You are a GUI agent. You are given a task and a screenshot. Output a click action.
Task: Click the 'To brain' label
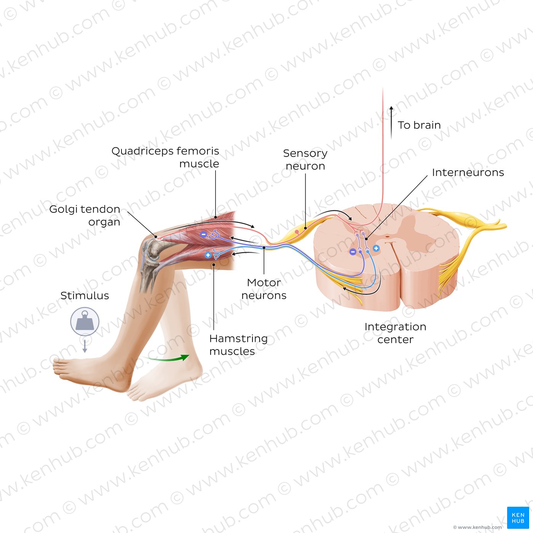coord(419,125)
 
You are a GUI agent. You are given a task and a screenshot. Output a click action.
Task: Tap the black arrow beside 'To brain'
coord(391,122)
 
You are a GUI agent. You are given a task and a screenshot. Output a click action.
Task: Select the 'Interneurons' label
coord(468,172)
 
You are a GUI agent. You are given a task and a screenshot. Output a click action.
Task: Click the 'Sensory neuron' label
coord(305,160)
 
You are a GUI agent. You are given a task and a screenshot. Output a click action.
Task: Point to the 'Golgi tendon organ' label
coord(85,215)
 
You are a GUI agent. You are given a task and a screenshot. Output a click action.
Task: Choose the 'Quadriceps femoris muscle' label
coord(165,157)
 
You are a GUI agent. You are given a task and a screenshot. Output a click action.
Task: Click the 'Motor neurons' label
coord(263,289)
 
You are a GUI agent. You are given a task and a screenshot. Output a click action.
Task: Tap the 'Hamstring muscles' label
coord(238,345)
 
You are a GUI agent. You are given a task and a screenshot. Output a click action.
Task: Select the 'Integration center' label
coord(395,333)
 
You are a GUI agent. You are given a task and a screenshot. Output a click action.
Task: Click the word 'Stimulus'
coord(85,295)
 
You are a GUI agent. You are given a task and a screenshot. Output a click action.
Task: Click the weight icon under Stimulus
coord(85,321)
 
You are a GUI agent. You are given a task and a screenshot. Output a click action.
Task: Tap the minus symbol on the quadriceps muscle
coord(203,234)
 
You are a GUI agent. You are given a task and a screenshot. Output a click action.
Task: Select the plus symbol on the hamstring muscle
coord(208,255)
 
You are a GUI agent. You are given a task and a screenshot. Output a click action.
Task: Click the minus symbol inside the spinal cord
coord(353,252)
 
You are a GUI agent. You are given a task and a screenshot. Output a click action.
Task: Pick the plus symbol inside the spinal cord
coord(376,248)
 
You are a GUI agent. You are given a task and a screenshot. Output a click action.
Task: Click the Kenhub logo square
coord(518,517)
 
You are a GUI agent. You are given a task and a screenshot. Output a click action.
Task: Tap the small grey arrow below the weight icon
coord(85,346)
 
